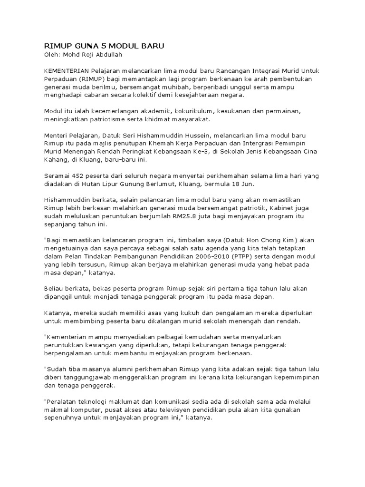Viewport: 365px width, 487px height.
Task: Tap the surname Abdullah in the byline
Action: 109,54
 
